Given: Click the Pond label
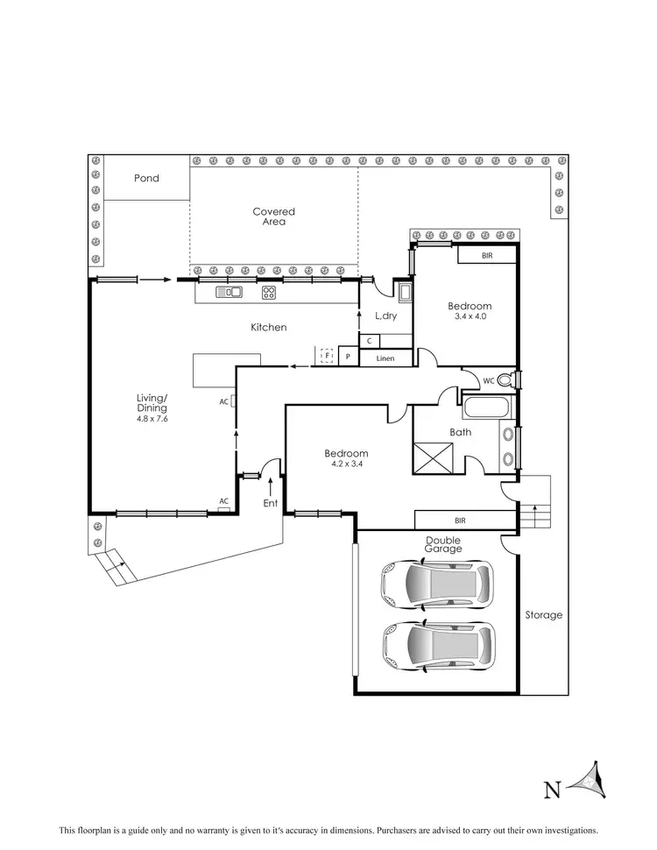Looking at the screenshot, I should pyautogui.click(x=146, y=179).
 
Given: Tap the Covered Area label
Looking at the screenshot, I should pyautogui.click(x=273, y=216).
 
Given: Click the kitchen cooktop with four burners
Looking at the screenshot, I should pyautogui.click(x=269, y=293).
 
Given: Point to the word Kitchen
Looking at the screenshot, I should pyautogui.click(x=268, y=327).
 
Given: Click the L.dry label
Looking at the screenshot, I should pyautogui.click(x=386, y=316).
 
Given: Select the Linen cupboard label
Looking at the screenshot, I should pyautogui.click(x=385, y=358).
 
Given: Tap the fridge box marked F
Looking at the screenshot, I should pyautogui.click(x=326, y=355).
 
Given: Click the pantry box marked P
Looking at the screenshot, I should pyautogui.click(x=348, y=358).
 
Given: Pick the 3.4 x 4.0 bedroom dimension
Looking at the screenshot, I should pyautogui.click(x=470, y=316).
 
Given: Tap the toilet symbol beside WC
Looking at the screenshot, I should pyautogui.click(x=505, y=379).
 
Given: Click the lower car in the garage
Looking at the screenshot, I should pyautogui.click(x=435, y=646).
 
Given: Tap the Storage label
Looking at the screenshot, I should pyautogui.click(x=543, y=615).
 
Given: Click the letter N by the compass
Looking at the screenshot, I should pyautogui.click(x=553, y=790).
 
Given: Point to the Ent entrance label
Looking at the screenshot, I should pyautogui.click(x=271, y=504).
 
